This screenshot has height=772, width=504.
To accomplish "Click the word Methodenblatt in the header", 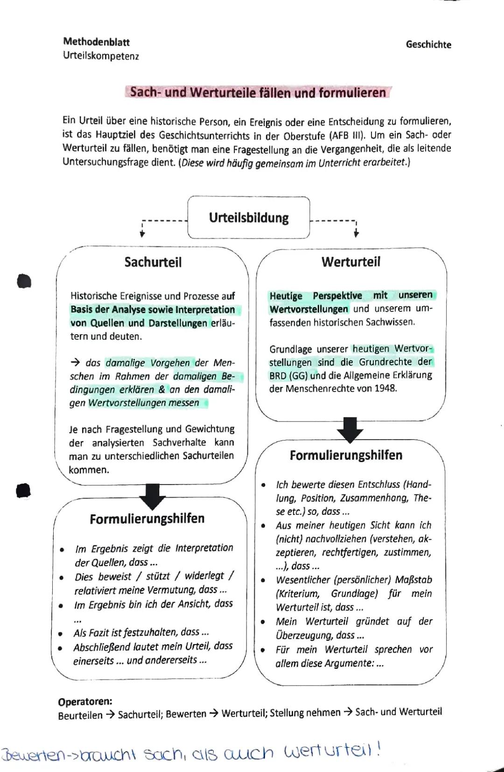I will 96,42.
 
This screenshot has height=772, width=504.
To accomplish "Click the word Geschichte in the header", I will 428,45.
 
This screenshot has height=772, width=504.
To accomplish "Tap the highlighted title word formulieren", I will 352,93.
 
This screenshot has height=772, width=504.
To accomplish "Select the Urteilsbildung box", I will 248,218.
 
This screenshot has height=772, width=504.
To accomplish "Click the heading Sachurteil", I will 153,262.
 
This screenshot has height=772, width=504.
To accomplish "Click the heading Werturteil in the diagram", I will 350,262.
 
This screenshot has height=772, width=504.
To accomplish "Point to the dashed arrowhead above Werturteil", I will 356,234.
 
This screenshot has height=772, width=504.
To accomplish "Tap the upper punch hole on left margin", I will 23,281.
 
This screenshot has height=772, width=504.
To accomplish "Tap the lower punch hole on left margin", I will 23,491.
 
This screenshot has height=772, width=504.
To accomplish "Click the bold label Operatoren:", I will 85,702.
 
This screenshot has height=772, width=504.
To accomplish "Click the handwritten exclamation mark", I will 378,749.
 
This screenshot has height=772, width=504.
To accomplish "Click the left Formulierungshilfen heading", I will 147,519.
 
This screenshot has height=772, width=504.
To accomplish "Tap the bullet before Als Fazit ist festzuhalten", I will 61,634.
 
